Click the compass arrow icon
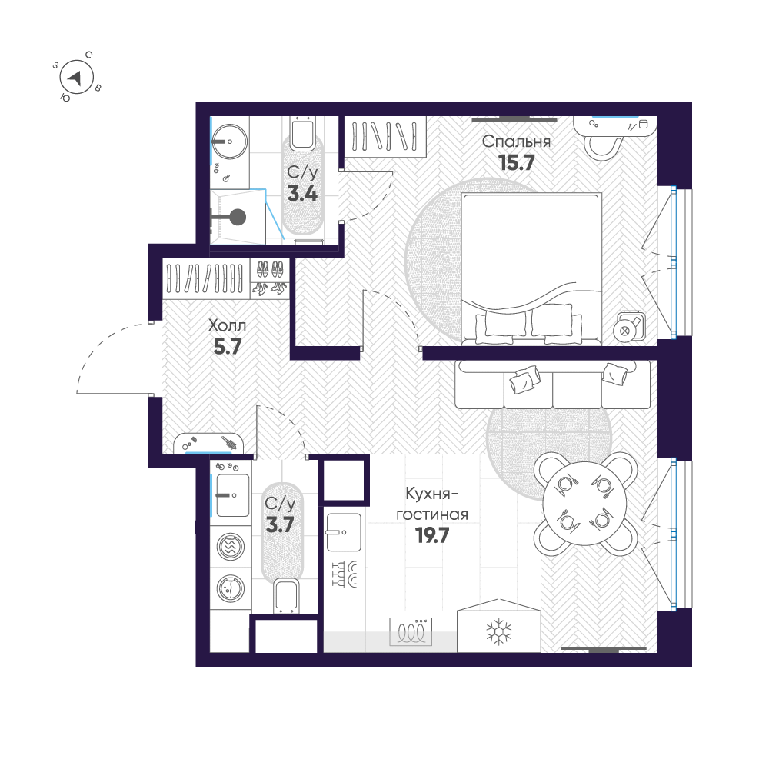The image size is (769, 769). click(77, 78)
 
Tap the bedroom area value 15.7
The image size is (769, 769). click(516, 162)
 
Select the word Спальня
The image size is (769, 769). click(516, 141)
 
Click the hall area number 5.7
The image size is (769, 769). click(228, 346)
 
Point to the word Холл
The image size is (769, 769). click(228, 326)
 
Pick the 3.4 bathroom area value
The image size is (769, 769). click(302, 192)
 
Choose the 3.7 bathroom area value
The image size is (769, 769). click(280, 524)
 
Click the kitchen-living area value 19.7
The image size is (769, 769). click(431, 535)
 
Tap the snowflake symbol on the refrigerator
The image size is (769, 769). click(499, 632)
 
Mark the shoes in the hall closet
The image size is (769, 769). click(270, 278)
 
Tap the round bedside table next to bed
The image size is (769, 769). click(626, 329)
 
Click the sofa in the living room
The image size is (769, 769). click(552, 384)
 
